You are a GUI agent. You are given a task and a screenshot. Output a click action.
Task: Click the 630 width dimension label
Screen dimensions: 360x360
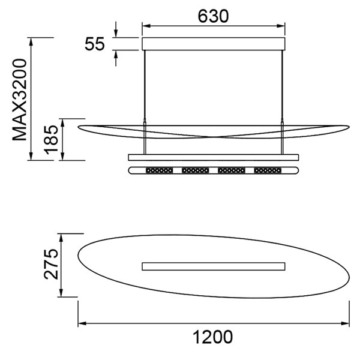coord(213,16)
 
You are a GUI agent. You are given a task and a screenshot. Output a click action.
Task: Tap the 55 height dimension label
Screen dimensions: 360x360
coord(95,44)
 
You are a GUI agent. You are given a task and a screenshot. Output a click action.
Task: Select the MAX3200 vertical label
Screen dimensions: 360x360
coord(21,99)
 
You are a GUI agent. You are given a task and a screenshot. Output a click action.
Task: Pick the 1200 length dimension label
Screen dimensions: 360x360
coord(213,337)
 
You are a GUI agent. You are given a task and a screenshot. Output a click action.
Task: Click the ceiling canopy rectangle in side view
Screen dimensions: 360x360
coord(213,44)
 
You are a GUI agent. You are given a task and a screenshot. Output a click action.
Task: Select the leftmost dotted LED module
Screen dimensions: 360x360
coord(159,170)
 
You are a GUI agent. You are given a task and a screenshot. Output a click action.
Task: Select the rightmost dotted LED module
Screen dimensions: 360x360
coord(267,170)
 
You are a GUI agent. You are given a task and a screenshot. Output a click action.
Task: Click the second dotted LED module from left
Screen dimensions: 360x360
coord(195,170)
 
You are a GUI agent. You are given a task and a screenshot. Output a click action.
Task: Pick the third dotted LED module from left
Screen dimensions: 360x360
coord(231,170)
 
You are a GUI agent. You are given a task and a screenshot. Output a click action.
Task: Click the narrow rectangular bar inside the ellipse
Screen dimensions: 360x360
coord(213,266)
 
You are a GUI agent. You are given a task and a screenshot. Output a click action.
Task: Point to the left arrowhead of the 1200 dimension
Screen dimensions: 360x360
coord(82,324)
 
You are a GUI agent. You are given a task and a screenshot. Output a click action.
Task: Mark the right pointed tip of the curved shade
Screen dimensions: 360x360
coord(348,127)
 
